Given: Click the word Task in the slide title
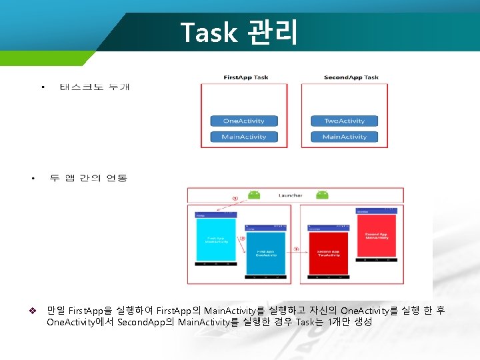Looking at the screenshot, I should (x=209, y=32).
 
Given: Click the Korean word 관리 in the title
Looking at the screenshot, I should (x=272, y=32).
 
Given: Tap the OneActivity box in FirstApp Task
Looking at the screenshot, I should (x=243, y=121).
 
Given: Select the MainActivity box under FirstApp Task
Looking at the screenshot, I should (x=243, y=137).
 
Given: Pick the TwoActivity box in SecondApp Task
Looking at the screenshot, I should (x=344, y=121).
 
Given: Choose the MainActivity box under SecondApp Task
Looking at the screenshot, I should (x=344, y=137).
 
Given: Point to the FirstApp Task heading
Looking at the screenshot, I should (x=245, y=77).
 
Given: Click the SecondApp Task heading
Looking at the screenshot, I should (x=351, y=77).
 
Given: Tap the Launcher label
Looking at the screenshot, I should (x=290, y=195).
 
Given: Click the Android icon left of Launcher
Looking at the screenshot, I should (x=253, y=195).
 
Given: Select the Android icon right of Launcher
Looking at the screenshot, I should (x=322, y=195).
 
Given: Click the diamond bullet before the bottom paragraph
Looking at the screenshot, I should (x=32, y=311).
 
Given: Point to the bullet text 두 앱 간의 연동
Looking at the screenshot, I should (x=88, y=179).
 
